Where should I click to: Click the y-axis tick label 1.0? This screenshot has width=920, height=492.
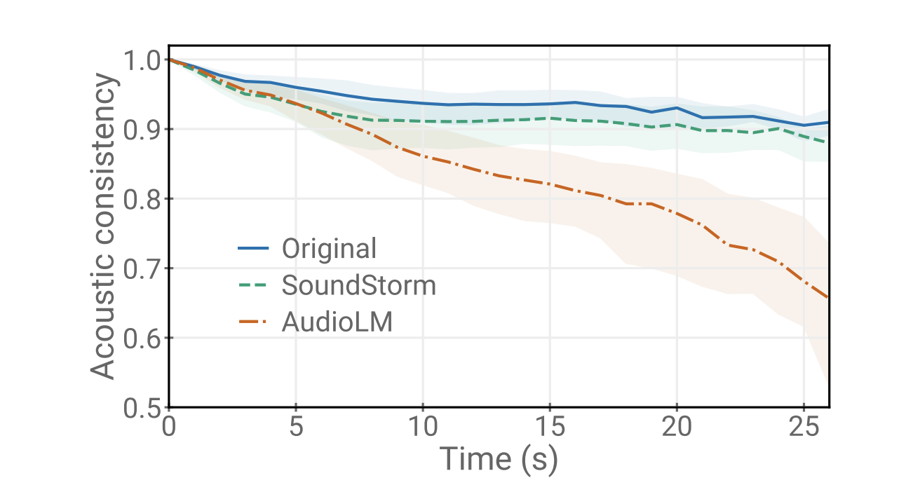(x=142, y=60)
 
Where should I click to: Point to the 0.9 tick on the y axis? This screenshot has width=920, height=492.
(x=142, y=130)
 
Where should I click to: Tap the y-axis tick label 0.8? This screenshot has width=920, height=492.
(x=142, y=199)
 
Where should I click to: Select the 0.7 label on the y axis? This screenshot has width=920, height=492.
(x=142, y=268)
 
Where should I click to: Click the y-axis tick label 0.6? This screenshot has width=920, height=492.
(x=142, y=338)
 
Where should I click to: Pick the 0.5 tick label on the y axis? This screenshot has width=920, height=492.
(x=142, y=408)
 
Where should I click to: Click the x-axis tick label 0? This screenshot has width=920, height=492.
(x=169, y=428)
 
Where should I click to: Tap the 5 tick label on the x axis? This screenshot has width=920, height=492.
(x=296, y=428)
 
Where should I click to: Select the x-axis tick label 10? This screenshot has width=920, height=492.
(x=423, y=428)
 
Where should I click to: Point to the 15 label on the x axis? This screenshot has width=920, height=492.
(x=550, y=428)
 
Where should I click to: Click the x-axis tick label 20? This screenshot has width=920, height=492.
(x=677, y=428)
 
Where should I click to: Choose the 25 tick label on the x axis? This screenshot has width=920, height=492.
(x=804, y=428)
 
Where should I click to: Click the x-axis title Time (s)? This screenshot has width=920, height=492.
(x=499, y=460)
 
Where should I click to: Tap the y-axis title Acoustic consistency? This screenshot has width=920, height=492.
(x=104, y=227)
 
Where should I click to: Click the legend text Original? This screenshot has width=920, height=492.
(x=329, y=248)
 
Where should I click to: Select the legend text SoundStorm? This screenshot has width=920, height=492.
(x=358, y=285)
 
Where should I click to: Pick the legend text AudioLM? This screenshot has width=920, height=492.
(x=337, y=322)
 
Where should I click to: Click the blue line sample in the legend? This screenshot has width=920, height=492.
(x=253, y=248)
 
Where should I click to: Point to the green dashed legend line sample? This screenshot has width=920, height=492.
(x=253, y=285)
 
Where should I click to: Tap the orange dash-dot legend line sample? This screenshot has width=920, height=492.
(x=253, y=322)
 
